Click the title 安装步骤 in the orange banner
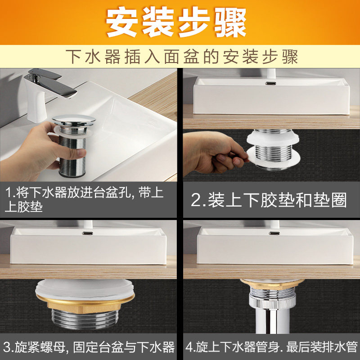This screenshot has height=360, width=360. [x=176, y=22]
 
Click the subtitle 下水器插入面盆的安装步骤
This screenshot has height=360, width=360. [x=182, y=57]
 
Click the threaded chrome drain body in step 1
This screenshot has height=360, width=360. [x=72, y=156]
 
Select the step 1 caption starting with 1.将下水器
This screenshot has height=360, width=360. [x=84, y=199]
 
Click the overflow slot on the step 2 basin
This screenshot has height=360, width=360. [x=271, y=83]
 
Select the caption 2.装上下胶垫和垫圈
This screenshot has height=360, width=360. [x=269, y=200]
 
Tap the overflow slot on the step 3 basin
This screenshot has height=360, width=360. [x=87, y=233]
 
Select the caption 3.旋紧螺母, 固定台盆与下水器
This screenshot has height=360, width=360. [x=89, y=347]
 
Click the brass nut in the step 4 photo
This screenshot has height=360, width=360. [x=272, y=284]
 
